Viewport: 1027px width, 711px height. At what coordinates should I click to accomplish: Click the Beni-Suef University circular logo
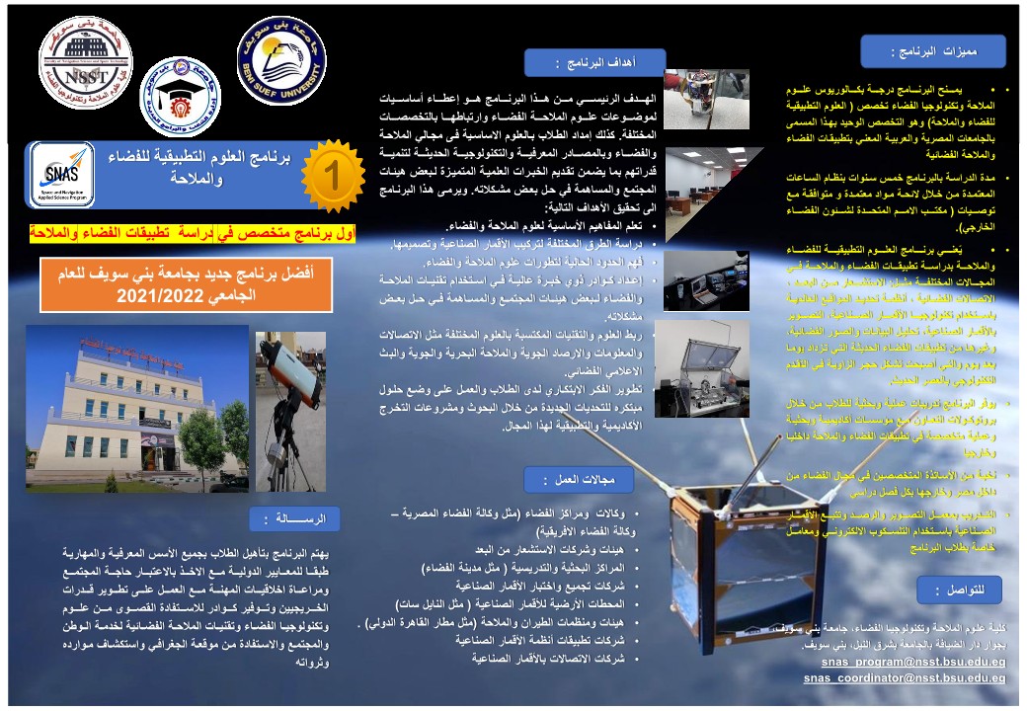pyautogui.click(x=281, y=66)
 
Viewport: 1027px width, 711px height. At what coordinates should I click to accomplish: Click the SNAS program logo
pyautogui.click(x=62, y=175)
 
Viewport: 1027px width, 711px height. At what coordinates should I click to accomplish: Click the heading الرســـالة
pyautogui.click(x=294, y=519)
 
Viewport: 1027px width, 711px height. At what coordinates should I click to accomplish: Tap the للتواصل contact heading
pyautogui.click(x=959, y=590)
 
